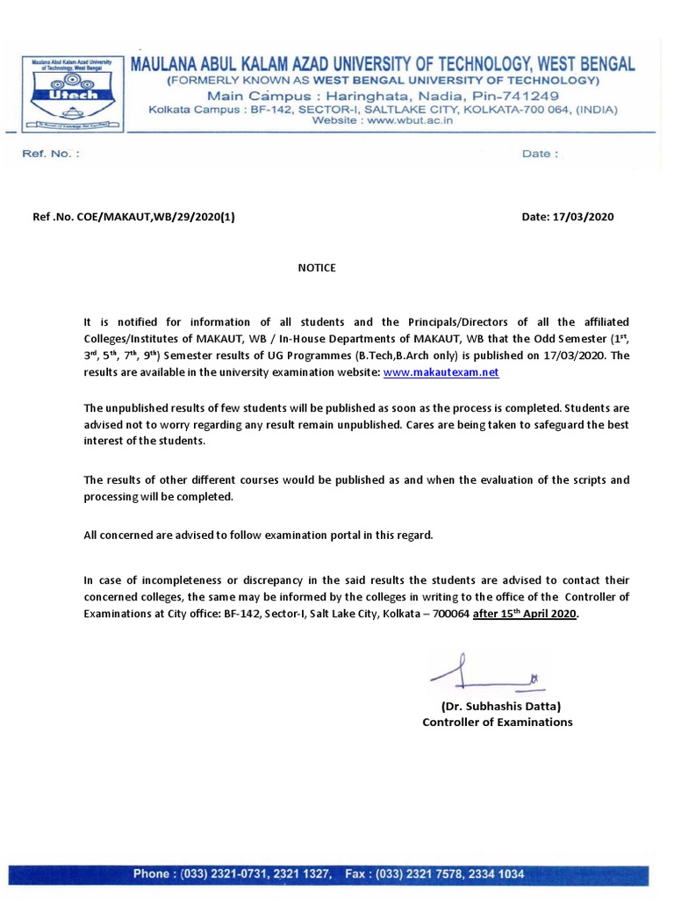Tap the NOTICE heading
point(317,268)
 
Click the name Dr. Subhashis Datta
point(500,705)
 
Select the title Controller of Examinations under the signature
point(497,722)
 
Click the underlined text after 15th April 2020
point(525,615)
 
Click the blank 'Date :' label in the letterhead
point(539,154)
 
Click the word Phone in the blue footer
point(153,874)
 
